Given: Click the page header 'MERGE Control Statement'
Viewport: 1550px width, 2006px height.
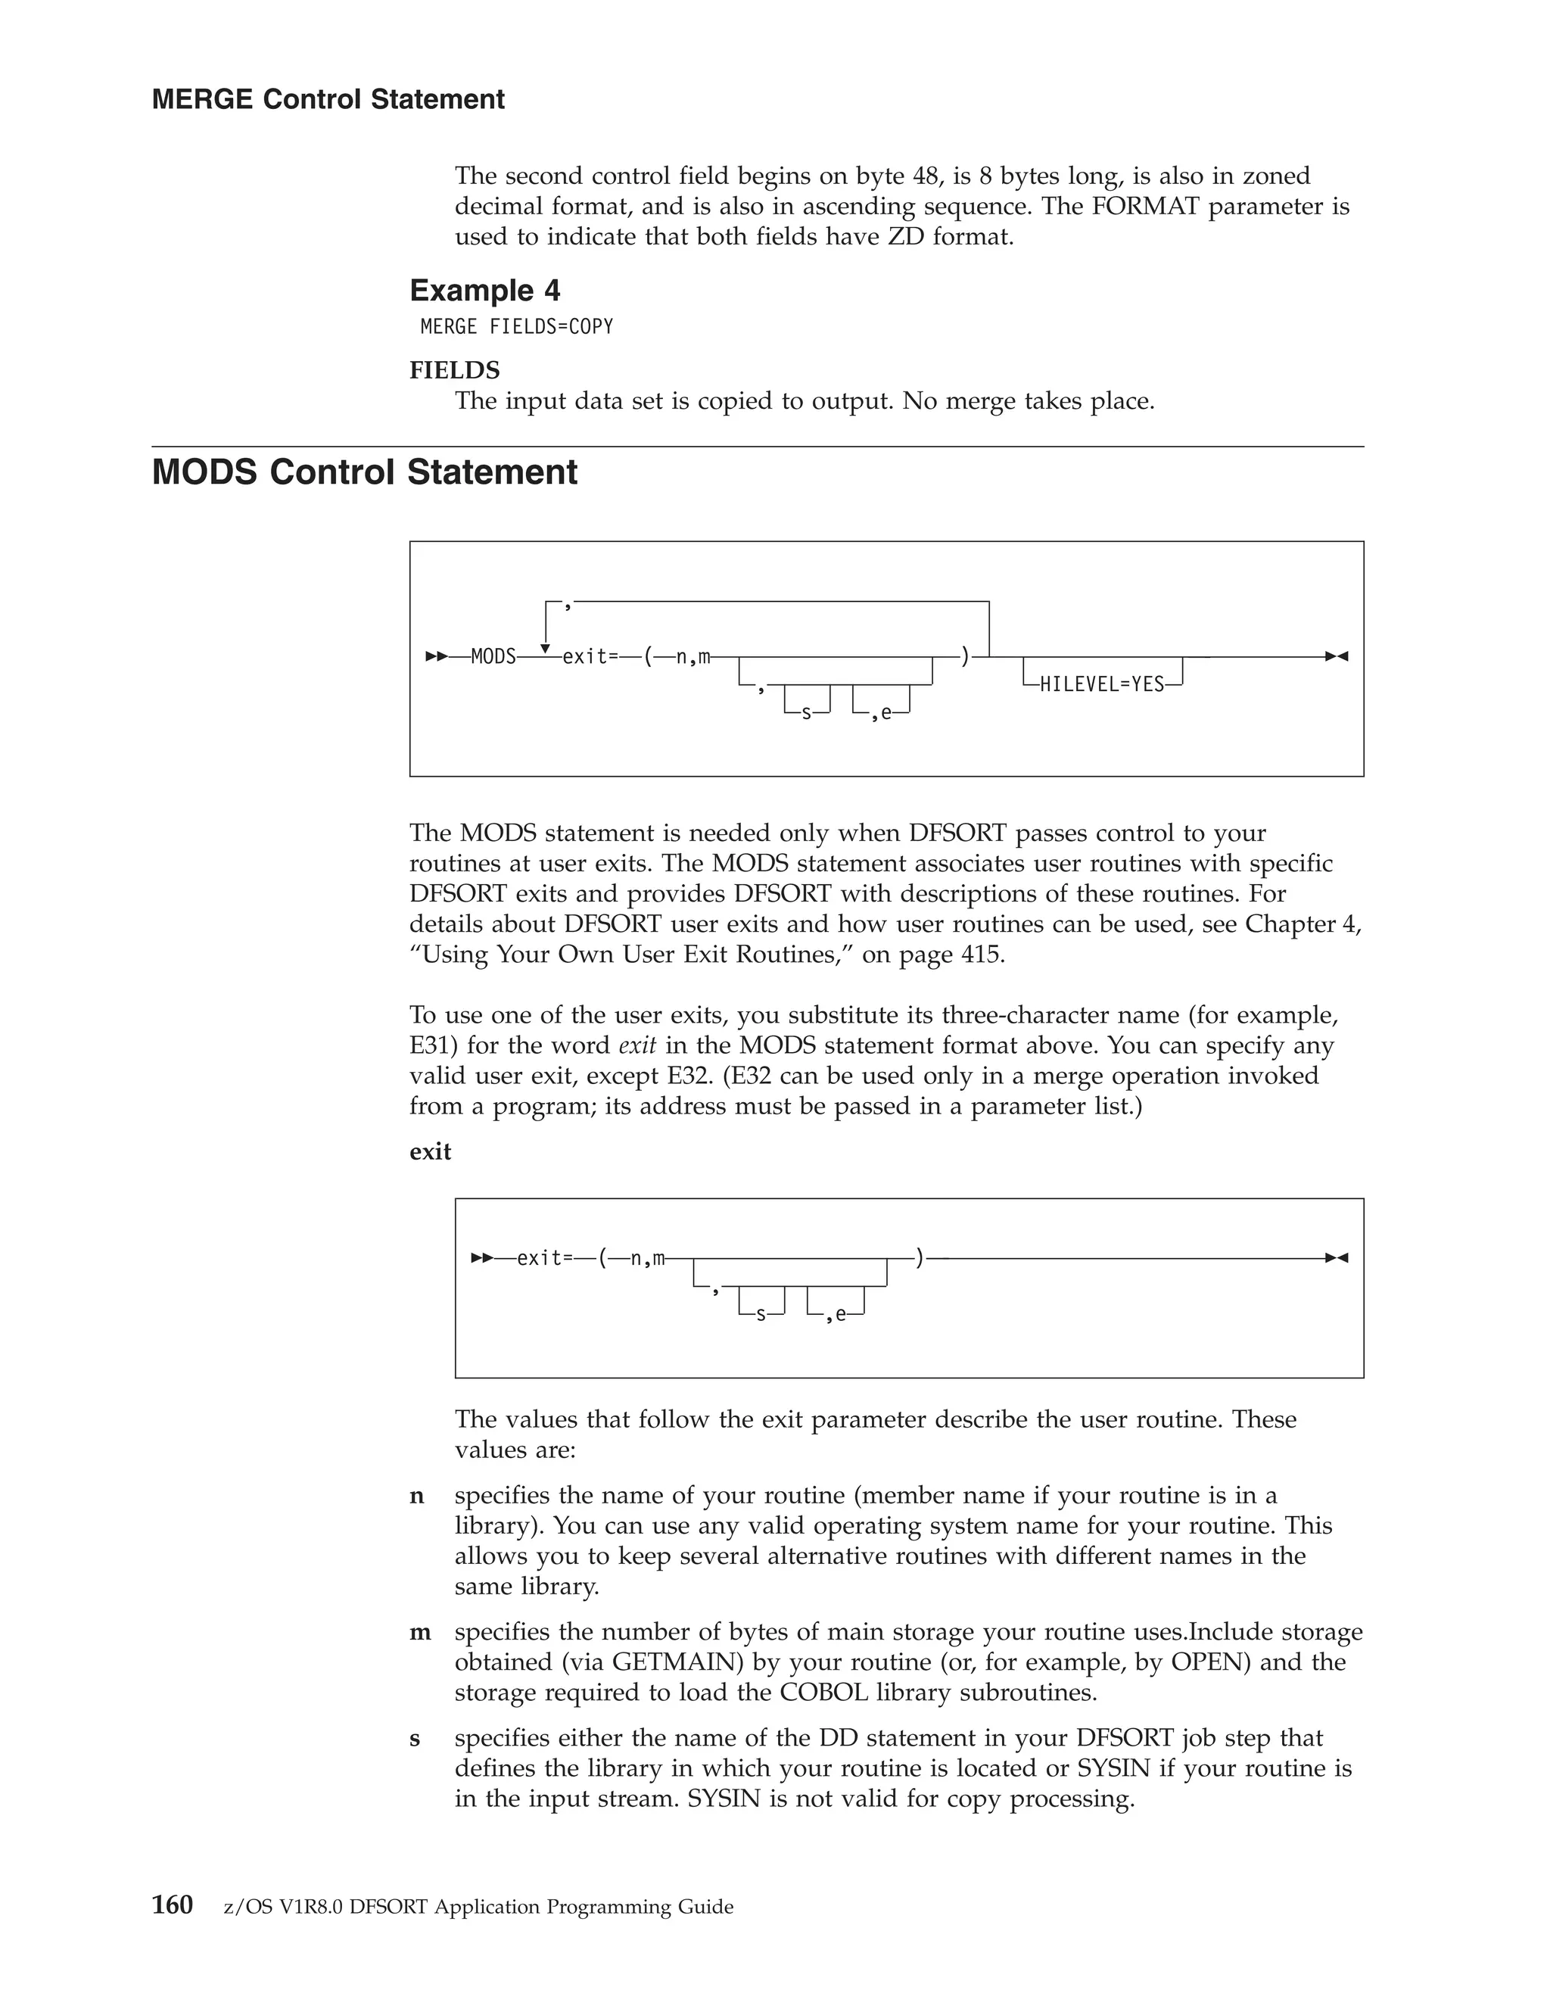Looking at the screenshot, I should tap(328, 99).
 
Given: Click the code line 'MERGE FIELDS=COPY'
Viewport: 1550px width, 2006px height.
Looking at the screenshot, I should tap(516, 327).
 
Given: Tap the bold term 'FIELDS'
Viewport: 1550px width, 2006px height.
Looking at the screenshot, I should tap(455, 370).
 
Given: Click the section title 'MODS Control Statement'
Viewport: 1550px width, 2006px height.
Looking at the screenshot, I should tap(365, 472).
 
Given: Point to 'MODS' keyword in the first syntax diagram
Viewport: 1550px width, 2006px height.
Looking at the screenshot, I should tap(493, 658).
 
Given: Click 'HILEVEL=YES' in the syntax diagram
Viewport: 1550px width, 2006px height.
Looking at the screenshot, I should tap(1101, 685).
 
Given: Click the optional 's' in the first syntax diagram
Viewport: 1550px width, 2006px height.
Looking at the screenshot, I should tap(806, 714).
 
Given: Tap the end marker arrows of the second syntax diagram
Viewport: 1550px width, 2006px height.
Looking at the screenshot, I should tap(1336, 1257).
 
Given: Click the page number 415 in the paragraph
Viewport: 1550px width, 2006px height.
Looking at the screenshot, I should tap(980, 955).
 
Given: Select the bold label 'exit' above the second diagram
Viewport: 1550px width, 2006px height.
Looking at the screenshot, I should tap(430, 1152).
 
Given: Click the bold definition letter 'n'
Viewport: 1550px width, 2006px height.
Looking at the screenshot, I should tap(417, 1497).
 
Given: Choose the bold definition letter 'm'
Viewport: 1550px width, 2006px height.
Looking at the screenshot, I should tap(419, 1632).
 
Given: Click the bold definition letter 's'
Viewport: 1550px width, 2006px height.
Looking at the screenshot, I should tap(415, 1739).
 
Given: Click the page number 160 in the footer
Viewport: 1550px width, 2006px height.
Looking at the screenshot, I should tap(172, 1906).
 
